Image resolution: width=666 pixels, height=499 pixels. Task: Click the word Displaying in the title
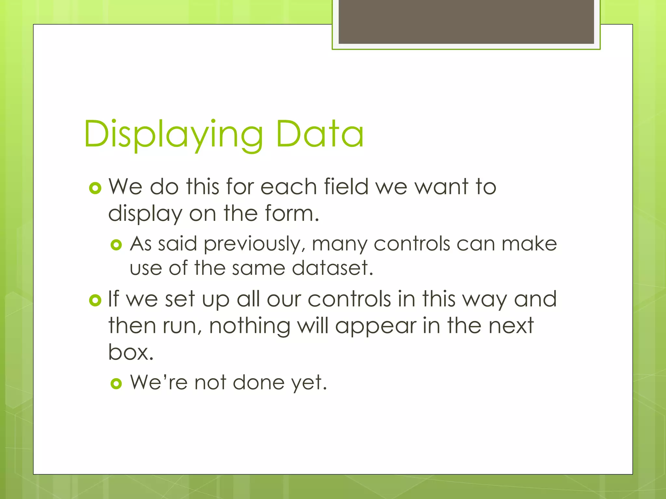tap(173, 134)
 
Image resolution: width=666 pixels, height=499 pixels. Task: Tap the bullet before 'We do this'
tap(95, 188)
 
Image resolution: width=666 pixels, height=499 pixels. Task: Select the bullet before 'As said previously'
tap(116, 245)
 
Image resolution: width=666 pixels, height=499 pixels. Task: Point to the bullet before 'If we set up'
tap(95, 300)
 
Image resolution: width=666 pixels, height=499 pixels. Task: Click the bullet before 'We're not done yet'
tap(116, 384)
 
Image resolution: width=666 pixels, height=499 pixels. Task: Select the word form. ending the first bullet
tap(292, 213)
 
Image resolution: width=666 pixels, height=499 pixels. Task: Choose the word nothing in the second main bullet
tap(249, 326)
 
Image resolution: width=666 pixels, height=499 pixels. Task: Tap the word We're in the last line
tap(159, 382)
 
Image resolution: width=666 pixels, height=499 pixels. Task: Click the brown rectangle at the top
tap(466, 21)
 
